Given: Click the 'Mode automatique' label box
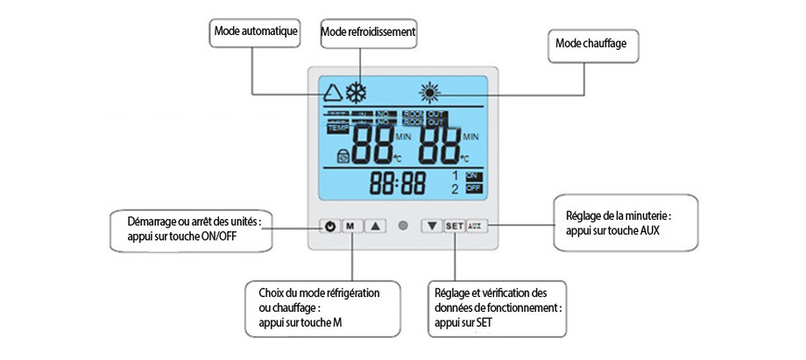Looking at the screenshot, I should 256,32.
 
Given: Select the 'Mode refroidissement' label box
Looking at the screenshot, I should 367,32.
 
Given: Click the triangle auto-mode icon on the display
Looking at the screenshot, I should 332,92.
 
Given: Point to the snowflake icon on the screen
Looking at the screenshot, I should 356,92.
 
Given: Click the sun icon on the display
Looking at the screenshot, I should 428,92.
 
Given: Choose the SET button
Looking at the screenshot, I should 454,225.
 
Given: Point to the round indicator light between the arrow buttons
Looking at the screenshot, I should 403,225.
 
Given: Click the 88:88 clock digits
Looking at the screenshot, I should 398,183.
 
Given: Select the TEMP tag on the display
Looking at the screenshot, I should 337,128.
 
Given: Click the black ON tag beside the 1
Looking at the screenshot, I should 473,176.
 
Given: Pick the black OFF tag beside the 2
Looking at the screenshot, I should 473,188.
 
